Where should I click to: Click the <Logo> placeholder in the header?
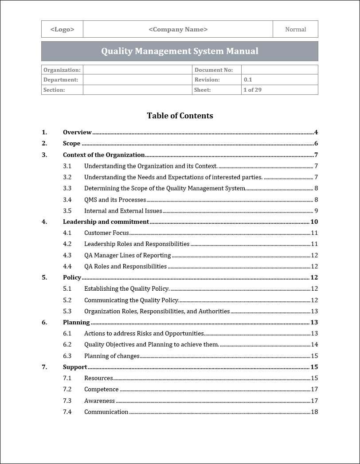tap(62, 29)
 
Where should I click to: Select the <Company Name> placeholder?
tap(178, 29)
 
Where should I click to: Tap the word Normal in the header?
tap(295, 29)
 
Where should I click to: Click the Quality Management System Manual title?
tap(180, 51)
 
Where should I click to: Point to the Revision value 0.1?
tap(248, 80)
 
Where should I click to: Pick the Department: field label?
tap(61, 80)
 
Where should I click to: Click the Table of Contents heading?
tap(180, 116)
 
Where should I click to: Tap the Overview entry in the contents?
tap(77, 132)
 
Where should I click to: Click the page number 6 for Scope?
tap(316, 143)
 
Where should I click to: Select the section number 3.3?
tap(67, 188)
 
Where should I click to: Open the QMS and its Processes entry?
tap(115, 199)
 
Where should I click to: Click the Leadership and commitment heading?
tap(106, 222)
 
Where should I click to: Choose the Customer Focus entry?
tap(106, 233)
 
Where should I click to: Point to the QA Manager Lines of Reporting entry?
tap(127, 255)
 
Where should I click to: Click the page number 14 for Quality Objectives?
tap(314, 344)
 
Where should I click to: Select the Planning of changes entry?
tap(112, 356)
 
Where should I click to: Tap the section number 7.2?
tap(67, 389)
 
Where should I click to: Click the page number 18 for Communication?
tap(314, 412)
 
